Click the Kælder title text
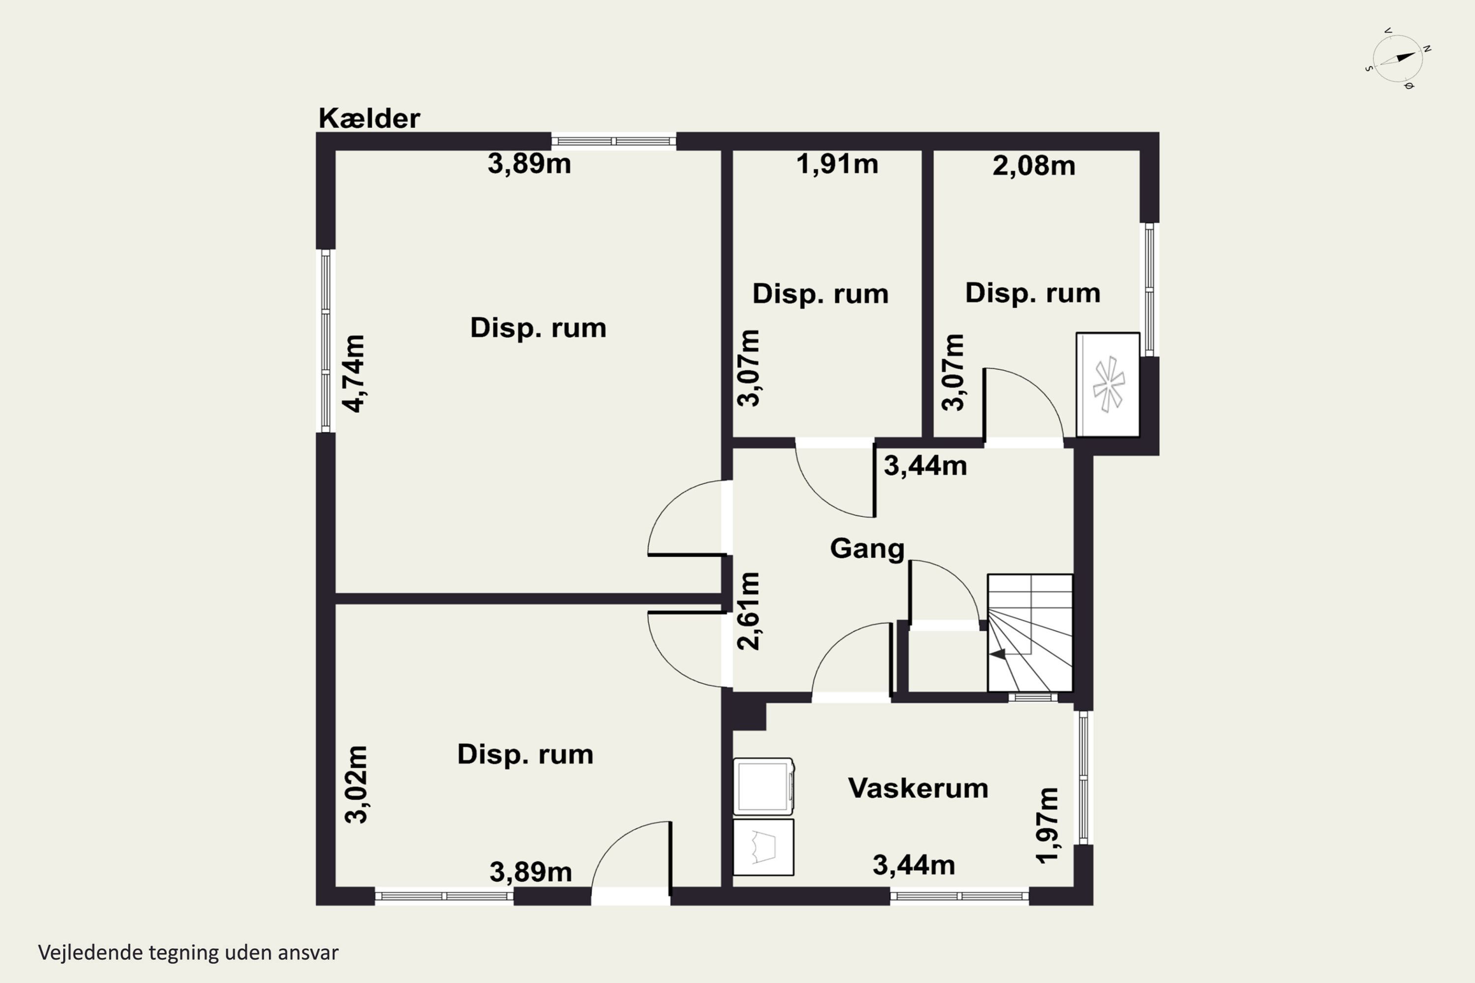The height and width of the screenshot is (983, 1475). coord(369,118)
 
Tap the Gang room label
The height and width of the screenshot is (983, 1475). coord(867,549)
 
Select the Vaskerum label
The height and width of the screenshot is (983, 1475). coord(918,788)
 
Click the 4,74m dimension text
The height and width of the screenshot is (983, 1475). coord(354,374)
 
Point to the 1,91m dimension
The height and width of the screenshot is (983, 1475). coord(837,164)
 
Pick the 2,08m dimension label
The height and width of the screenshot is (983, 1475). coord(1034,166)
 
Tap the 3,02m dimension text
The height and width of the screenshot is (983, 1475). coord(356,784)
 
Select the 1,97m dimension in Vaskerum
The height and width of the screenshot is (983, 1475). coord(1048,826)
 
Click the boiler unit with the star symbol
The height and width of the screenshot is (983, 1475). coord(1108,384)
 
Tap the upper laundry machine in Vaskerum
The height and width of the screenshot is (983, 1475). coord(764,787)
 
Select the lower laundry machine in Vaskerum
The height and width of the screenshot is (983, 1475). coord(764,847)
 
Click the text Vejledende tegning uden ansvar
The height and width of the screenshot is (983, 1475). coord(188,953)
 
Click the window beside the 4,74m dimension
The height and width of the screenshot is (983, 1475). coord(325,341)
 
